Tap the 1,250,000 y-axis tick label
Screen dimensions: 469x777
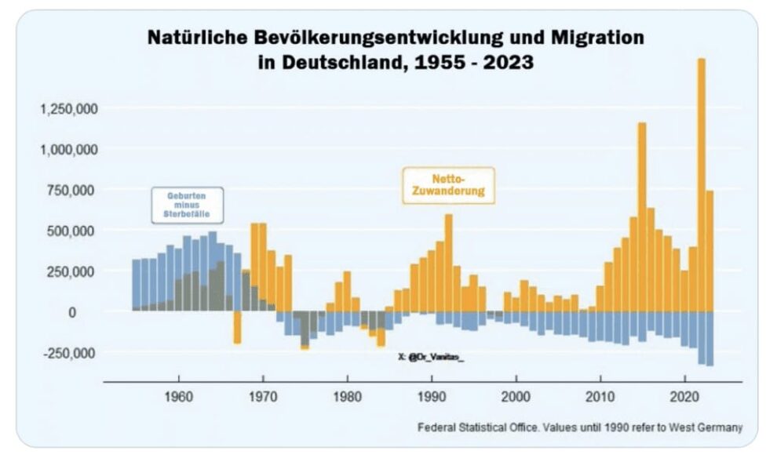(x=68, y=108)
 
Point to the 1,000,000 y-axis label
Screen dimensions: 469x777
(x=68, y=149)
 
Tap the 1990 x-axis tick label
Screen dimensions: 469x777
(x=432, y=397)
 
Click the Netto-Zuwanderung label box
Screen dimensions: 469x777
(x=448, y=185)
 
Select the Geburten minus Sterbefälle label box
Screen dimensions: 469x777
(x=188, y=205)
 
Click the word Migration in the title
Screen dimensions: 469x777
(x=596, y=38)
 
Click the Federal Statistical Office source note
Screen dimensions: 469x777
(x=579, y=427)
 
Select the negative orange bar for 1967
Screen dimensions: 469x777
(x=237, y=327)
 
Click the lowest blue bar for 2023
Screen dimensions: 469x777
(x=710, y=338)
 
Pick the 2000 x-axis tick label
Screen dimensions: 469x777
(x=516, y=397)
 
